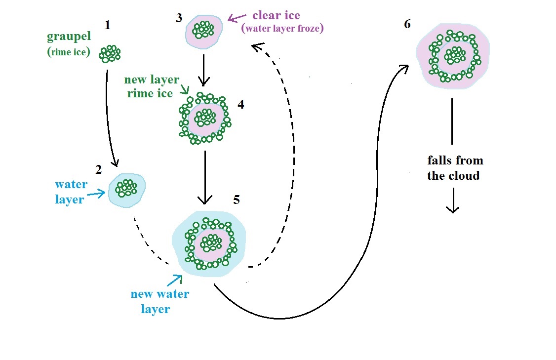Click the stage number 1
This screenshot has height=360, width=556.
(107, 25)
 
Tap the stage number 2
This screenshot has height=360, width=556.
(99, 170)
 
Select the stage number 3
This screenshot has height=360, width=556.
(178, 18)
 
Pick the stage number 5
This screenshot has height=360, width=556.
(237, 200)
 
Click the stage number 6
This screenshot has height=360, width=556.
(407, 24)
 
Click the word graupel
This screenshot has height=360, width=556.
(69, 37)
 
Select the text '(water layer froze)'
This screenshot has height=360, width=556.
(282, 29)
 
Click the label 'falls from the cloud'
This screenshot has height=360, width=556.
(454, 168)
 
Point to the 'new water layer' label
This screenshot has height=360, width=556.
(159, 301)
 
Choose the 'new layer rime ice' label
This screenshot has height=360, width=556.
(151, 86)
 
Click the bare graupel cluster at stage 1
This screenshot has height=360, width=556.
(110, 54)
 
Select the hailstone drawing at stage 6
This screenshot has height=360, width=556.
(452, 54)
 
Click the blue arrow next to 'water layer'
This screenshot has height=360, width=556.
(99, 194)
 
